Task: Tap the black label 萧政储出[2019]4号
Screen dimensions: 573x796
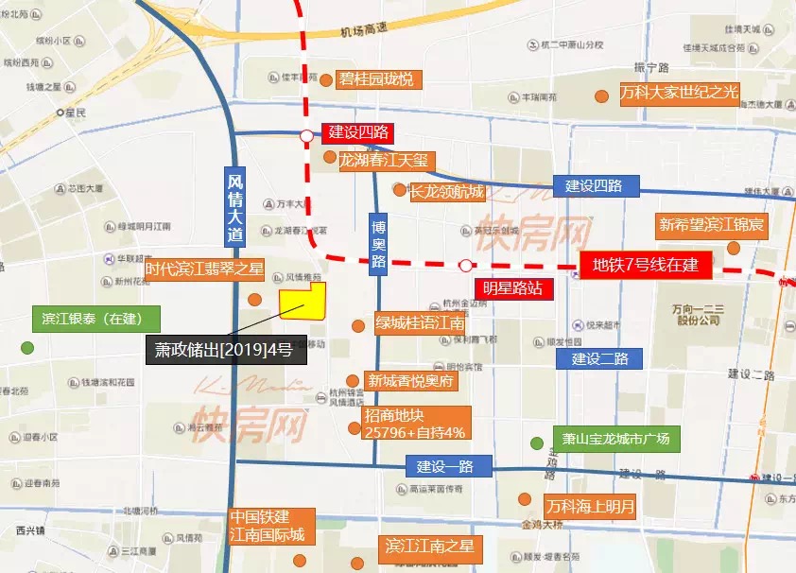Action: [x=226, y=349]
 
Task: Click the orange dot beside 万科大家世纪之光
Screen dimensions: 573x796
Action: [x=600, y=95]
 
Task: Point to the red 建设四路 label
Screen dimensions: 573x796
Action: [x=357, y=133]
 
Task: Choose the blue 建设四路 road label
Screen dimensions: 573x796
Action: [x=596, y=185]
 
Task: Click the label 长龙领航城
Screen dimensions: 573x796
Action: [x=445, y=192]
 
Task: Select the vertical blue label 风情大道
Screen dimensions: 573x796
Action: [x=235, y=207]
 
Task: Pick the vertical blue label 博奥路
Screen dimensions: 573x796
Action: [x=378, y=243]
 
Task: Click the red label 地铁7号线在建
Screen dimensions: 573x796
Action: [x=644, y=265]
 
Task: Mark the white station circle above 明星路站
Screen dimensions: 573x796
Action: [x=465, y=266]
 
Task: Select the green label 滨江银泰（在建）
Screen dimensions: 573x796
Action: [x=95, y=319]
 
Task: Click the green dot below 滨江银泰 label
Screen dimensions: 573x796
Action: [x=27, y=347]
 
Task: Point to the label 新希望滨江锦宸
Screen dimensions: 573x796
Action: [x=712, y=225]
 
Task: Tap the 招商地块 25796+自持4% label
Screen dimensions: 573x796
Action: [x=414, y=424]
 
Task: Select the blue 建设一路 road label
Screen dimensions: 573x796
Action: [x=449, y=465]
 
